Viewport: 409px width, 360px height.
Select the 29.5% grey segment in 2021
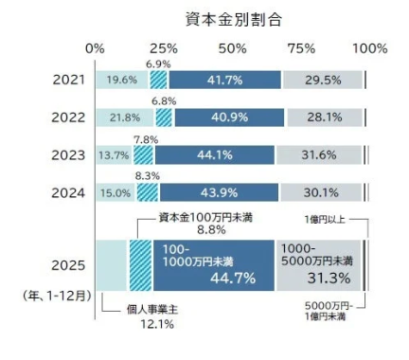[x=322, y=80]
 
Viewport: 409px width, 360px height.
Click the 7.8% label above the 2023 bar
[x=147, y=139]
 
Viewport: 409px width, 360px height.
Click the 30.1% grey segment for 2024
[x=321, y=192]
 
